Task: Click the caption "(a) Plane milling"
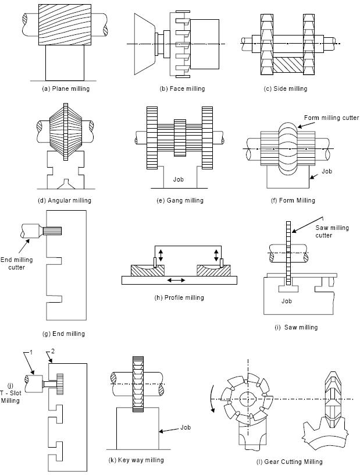tap(66, 89)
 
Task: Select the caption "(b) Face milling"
tap(182, 89)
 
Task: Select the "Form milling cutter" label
tap(332, 118)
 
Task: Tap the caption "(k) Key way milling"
tap(136, 460)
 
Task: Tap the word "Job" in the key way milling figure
tap(185, 427)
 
